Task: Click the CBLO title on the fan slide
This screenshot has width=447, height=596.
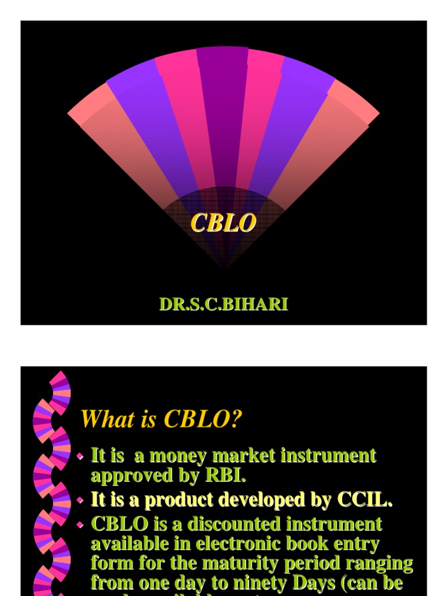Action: [223, 223]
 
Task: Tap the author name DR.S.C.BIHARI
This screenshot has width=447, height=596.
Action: [223, 304]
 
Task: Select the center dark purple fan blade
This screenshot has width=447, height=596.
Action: [222, 105]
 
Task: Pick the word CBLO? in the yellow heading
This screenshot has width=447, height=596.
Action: [203, 419]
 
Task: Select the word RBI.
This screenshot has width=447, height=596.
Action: [225, 476]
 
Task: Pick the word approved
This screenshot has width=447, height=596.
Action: [123, 476]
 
